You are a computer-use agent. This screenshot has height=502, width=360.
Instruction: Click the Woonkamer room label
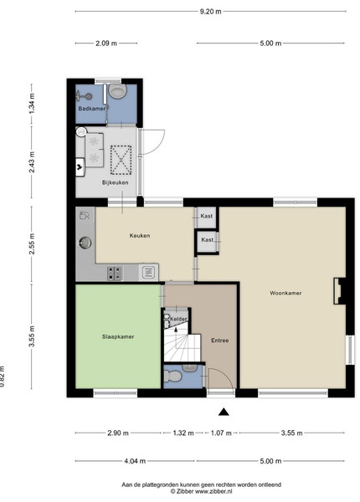(x=285, y=293)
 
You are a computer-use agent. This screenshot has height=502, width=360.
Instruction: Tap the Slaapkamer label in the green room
(x=118, y=337)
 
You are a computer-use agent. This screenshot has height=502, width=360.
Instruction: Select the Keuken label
(x=140, y=236)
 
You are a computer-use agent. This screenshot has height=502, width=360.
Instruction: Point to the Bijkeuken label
(x=116, y=182)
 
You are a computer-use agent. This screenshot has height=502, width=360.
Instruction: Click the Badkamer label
(x=91, y=109)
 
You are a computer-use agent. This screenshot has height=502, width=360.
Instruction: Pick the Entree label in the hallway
(x=219, y=341)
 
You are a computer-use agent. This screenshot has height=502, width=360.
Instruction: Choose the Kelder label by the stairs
(x=178, y=319)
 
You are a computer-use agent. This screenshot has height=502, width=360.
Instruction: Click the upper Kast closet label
(x=207, y=216)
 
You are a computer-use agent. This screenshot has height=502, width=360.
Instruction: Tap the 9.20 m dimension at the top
(x=210, y=12)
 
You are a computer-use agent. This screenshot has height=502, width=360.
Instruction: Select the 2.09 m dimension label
(x=106, y=44)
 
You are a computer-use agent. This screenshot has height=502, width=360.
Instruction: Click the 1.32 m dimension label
(x=183, y=433)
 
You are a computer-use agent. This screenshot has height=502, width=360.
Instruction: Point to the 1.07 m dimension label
(x=221, y=433)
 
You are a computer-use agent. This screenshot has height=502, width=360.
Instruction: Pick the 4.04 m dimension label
(x=135, y=461)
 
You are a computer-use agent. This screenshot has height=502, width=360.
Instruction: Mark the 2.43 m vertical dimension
(x=32, y=161)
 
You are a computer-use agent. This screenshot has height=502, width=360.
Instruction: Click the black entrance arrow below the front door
(x=224, y=412)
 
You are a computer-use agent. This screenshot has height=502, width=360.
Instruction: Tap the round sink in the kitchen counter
(x=85, y=243)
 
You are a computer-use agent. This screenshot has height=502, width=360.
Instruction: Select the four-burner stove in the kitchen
(x=115, y=274)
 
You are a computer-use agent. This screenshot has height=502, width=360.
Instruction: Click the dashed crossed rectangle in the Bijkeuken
(x=121, y=160)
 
